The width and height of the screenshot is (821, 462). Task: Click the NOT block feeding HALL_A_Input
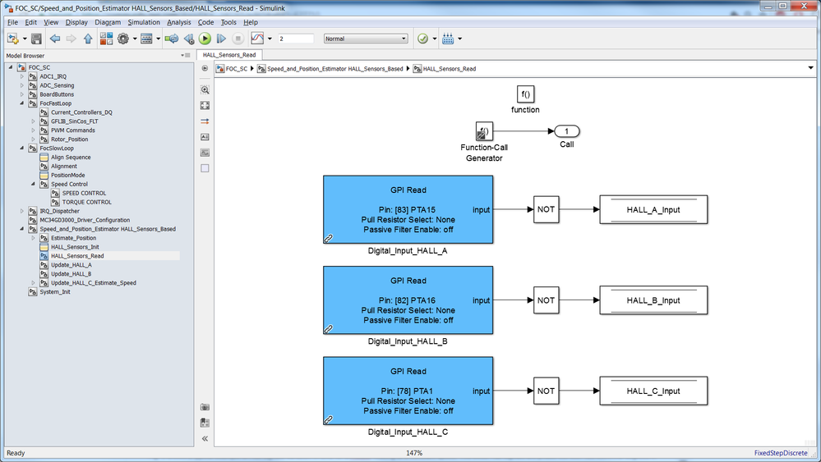[546, 209]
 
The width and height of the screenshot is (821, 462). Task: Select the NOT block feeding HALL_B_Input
[546, 300]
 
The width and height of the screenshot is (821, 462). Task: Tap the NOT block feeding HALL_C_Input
[546, 391]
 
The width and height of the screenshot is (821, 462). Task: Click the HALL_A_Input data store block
[653, 210]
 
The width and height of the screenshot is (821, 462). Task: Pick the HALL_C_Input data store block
[653, 391]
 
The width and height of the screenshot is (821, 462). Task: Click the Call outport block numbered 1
[567, 131]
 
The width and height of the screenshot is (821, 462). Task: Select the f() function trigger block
[525, 94]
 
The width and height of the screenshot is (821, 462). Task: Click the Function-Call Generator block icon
[484, 131]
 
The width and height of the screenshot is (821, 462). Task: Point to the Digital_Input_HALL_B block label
[408, 341]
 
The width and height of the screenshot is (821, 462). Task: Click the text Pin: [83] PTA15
[408, 209]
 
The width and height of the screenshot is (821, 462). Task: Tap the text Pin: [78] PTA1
[408, 391]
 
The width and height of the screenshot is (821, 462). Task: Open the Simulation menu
[144, 22]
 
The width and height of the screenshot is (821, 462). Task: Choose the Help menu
[251, 22]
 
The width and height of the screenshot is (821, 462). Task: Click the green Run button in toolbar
[205, 39]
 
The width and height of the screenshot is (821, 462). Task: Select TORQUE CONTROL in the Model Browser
[86, 202]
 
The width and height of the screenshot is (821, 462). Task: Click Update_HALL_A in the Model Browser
[71, 265]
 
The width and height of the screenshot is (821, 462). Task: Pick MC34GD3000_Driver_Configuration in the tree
[90, 220]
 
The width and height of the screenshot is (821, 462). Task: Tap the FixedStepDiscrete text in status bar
[781, 453]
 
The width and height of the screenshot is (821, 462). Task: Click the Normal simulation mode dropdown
[366, 39]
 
